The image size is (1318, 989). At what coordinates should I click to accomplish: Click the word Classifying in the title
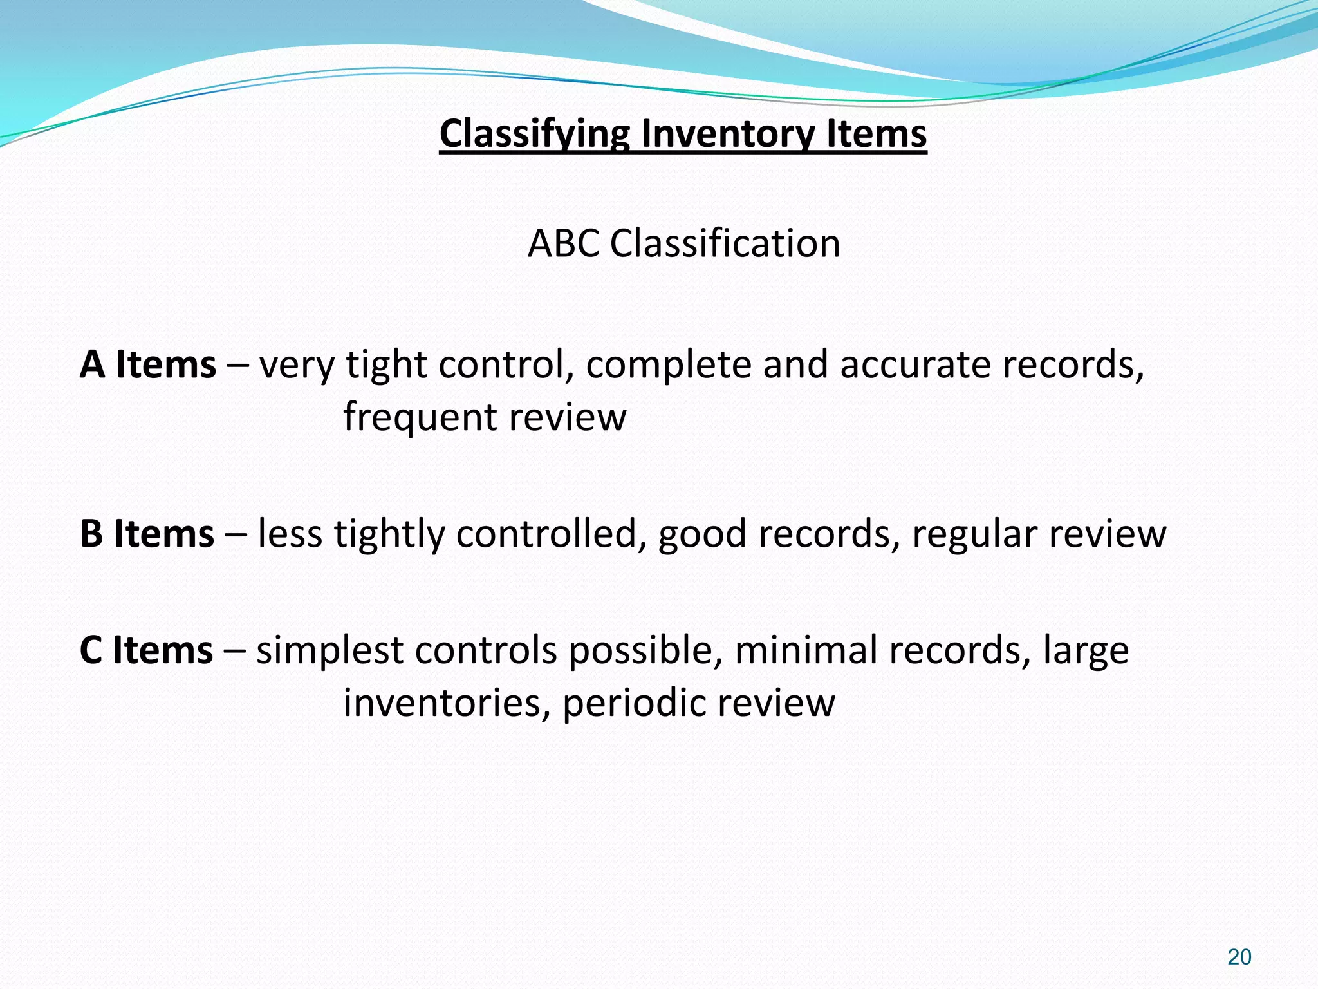coord(535,134)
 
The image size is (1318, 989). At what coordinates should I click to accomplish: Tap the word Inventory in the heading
coord(727,134)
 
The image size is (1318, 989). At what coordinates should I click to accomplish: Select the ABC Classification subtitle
coord(683,243)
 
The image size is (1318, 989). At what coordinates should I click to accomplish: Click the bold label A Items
coord(147,364)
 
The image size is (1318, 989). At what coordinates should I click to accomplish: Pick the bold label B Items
coord(147,534)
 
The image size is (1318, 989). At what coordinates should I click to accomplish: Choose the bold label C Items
coord(146,650)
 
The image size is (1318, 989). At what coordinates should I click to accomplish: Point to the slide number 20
coord(1239,957)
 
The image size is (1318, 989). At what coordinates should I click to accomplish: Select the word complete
coord(668,364)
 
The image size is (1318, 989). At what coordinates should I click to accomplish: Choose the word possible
coord(640,650)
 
